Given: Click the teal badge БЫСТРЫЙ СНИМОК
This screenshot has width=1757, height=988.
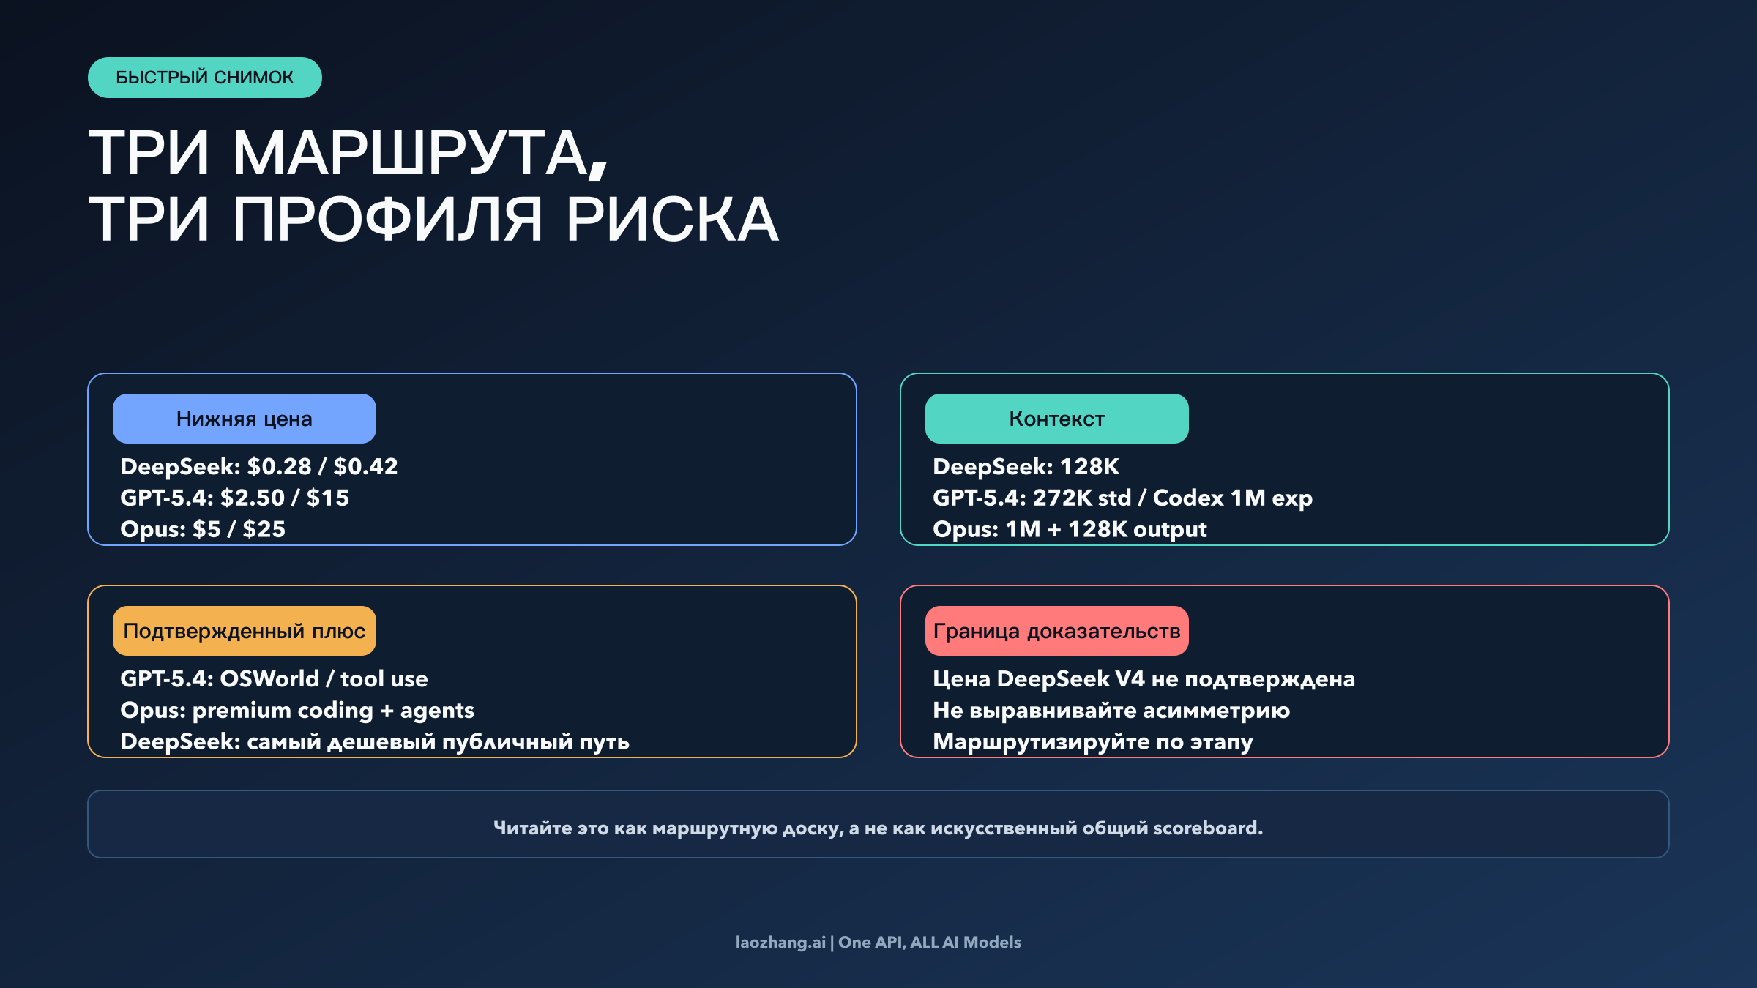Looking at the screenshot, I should click(204, 78).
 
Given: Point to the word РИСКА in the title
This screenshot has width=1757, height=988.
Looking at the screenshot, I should click(672, 220).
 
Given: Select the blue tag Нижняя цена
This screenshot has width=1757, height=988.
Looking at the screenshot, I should click(244, 419).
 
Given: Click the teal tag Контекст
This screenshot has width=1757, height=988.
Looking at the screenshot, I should click(1056, 419).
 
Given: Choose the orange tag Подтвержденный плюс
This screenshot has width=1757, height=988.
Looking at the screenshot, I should click(244, 631).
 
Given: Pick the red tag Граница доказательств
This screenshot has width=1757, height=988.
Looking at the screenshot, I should click(1056, 631).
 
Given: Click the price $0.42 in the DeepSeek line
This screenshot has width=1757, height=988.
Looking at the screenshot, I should click(365, 467).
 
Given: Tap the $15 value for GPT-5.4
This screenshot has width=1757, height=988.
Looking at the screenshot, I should click(327, 498).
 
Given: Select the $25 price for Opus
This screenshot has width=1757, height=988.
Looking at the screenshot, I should click(264, 530).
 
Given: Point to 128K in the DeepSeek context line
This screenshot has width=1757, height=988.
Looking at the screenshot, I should click(1089, 467).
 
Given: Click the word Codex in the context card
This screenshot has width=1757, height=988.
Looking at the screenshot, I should click(1187, 498).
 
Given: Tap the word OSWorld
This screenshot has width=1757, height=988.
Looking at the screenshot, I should click(269, 679).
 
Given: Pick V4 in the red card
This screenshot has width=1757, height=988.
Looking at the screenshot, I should click(1130, 679).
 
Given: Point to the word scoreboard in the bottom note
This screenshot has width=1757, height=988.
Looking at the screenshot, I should click(1207, 828).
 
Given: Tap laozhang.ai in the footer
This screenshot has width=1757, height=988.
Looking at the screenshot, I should click(780, 943).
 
